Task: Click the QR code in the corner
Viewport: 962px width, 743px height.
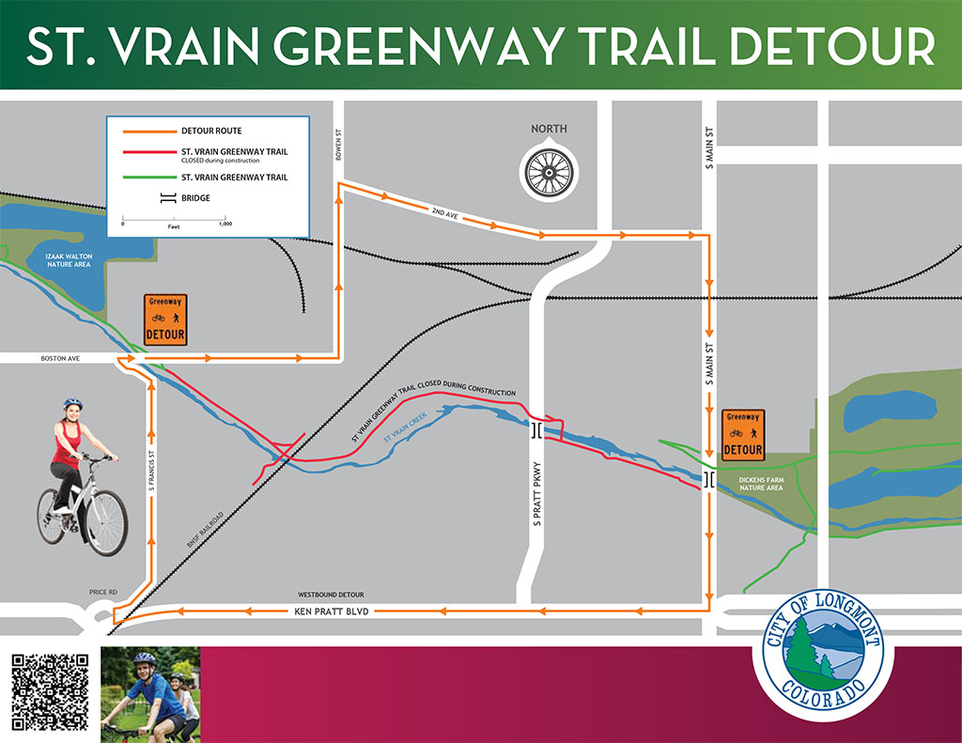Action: click(51, 691)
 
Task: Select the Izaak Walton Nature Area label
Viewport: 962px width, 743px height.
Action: click(57, 260)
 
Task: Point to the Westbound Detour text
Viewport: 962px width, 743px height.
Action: click(331, 595)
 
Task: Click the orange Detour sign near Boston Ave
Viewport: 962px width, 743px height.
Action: click(165, 320)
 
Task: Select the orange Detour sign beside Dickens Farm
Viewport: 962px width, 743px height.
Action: click(743, 435)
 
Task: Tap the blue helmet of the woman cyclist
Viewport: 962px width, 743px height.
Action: click(72, 404)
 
